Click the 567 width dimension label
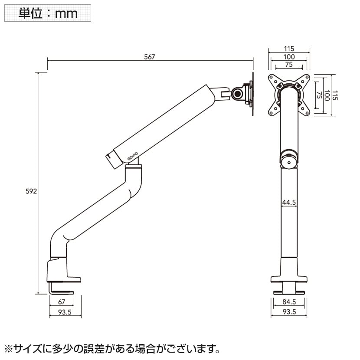pyautogui.click(x=149, y=57)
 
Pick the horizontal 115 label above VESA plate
pyautogui.click(x=289, y=49)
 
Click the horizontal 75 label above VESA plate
pyautogui.click(x=289, y=65)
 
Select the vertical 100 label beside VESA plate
pyautogui.click(x=327, y=96)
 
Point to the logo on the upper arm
pyautogui.click(x=132, y=154)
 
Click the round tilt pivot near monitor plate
pyautogui.click(x=238, y=94)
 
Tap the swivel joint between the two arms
pyautogui.click(x=133, y=165)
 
